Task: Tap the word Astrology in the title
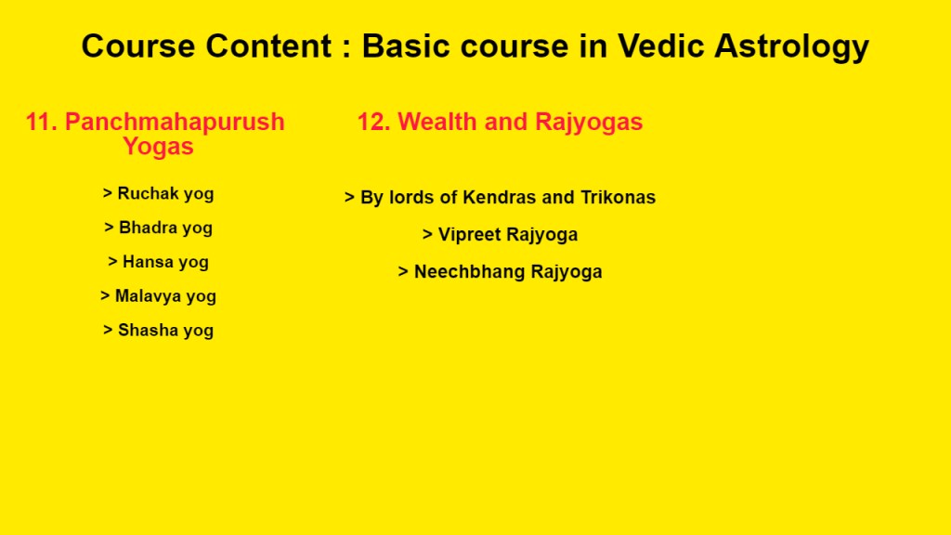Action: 791,47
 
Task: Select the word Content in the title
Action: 268,46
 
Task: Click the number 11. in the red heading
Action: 41,122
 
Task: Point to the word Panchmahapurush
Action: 175,122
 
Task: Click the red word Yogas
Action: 158,147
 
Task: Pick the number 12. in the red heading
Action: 373,122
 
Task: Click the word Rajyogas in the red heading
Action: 589,123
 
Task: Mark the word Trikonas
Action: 618,197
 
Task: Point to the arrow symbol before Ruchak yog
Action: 108,193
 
